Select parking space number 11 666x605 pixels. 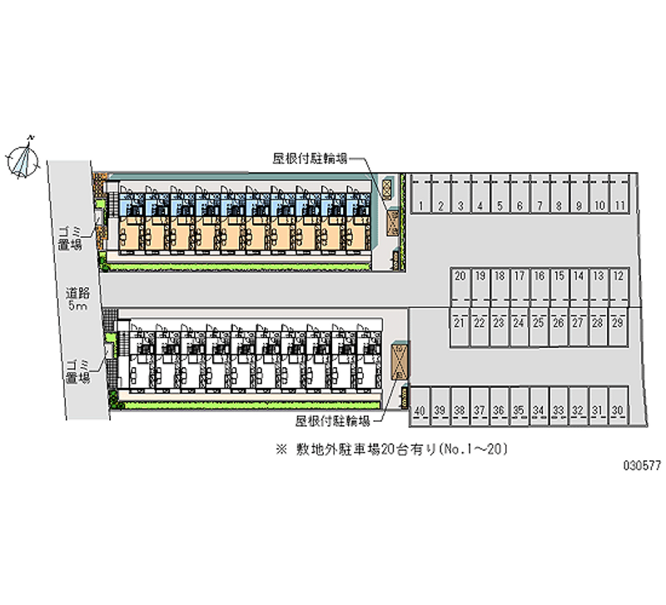coord(619,205)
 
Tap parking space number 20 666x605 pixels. coord(460,275)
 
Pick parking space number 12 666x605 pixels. coord(619,275)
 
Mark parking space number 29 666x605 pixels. coord(618,322)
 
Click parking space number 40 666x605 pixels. coord(420,410)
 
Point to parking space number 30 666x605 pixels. coord(618,410)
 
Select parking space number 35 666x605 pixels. coord(519,410)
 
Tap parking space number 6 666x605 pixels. coord(519,205)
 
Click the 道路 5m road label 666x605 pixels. coord(77,300)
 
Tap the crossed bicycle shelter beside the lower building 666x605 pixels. coord(399,362)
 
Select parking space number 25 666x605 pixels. coord(539,322)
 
